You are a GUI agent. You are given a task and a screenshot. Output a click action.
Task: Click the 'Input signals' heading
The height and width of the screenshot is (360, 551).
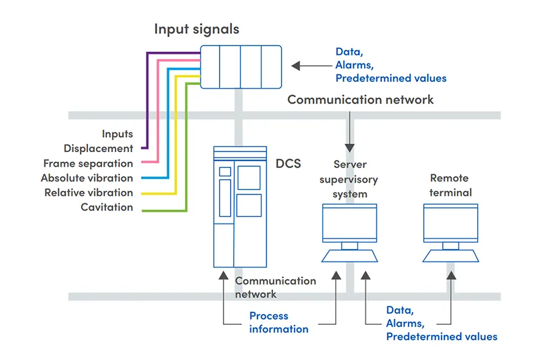(196, 29)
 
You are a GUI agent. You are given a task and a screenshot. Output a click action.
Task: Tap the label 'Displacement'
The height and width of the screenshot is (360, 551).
(98, 148)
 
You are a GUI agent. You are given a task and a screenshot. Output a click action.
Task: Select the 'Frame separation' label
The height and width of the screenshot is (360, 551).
(88, 163)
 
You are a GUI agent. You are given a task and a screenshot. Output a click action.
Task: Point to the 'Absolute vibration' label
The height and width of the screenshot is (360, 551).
(87, 178)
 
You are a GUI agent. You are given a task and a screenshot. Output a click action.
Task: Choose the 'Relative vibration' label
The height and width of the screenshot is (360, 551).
(89, 193)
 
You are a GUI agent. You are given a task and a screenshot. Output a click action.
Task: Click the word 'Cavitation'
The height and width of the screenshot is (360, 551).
(106, 207)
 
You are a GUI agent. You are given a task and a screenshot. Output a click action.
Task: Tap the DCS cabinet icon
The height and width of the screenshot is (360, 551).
(240, 206)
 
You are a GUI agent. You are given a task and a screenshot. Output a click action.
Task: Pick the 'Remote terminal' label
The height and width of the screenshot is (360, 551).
(450, 185)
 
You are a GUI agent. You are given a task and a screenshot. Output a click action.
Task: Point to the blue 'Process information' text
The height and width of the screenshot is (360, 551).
(279, 322)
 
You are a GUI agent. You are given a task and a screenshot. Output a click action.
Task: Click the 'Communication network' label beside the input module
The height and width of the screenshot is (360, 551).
(360, 99)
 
